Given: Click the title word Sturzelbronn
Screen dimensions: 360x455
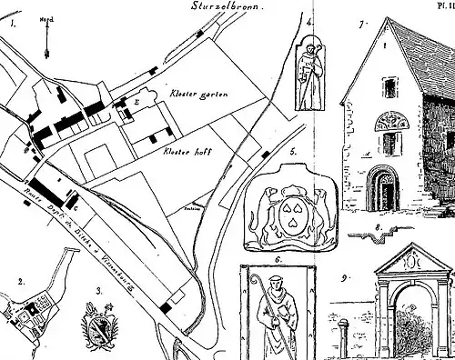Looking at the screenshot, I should pos(227,5).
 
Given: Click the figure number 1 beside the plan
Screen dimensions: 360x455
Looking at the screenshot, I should pos(13,25).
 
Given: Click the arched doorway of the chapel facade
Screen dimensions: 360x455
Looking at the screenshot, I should pos(388,188).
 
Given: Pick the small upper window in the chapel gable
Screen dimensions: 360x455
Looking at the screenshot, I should pos(389,88).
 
